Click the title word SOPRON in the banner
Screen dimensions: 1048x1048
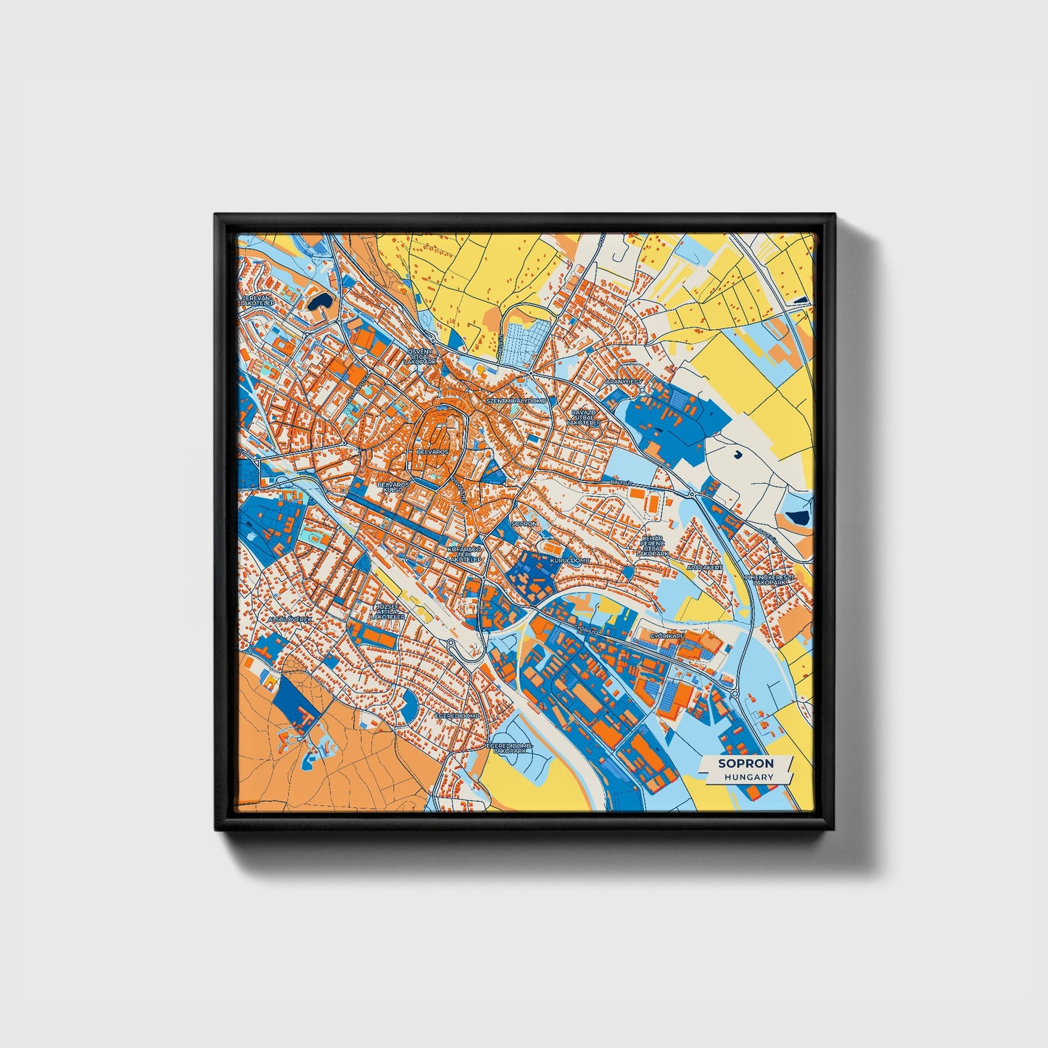click(x=746, y=763)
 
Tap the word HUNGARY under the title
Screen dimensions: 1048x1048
click(x=746, y=777)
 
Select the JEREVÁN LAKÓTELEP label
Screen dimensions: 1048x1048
click(x=258, y=300)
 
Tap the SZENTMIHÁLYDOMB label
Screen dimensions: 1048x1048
click(x=516, y=400)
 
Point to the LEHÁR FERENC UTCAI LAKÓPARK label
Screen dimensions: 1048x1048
click(x=652, y=545)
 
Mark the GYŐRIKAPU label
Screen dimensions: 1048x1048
click(x=667, y=635)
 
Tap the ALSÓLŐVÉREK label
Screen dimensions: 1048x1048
click(x=289, y=620)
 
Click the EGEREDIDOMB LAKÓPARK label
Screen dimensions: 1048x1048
click(x=509, y=748)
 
